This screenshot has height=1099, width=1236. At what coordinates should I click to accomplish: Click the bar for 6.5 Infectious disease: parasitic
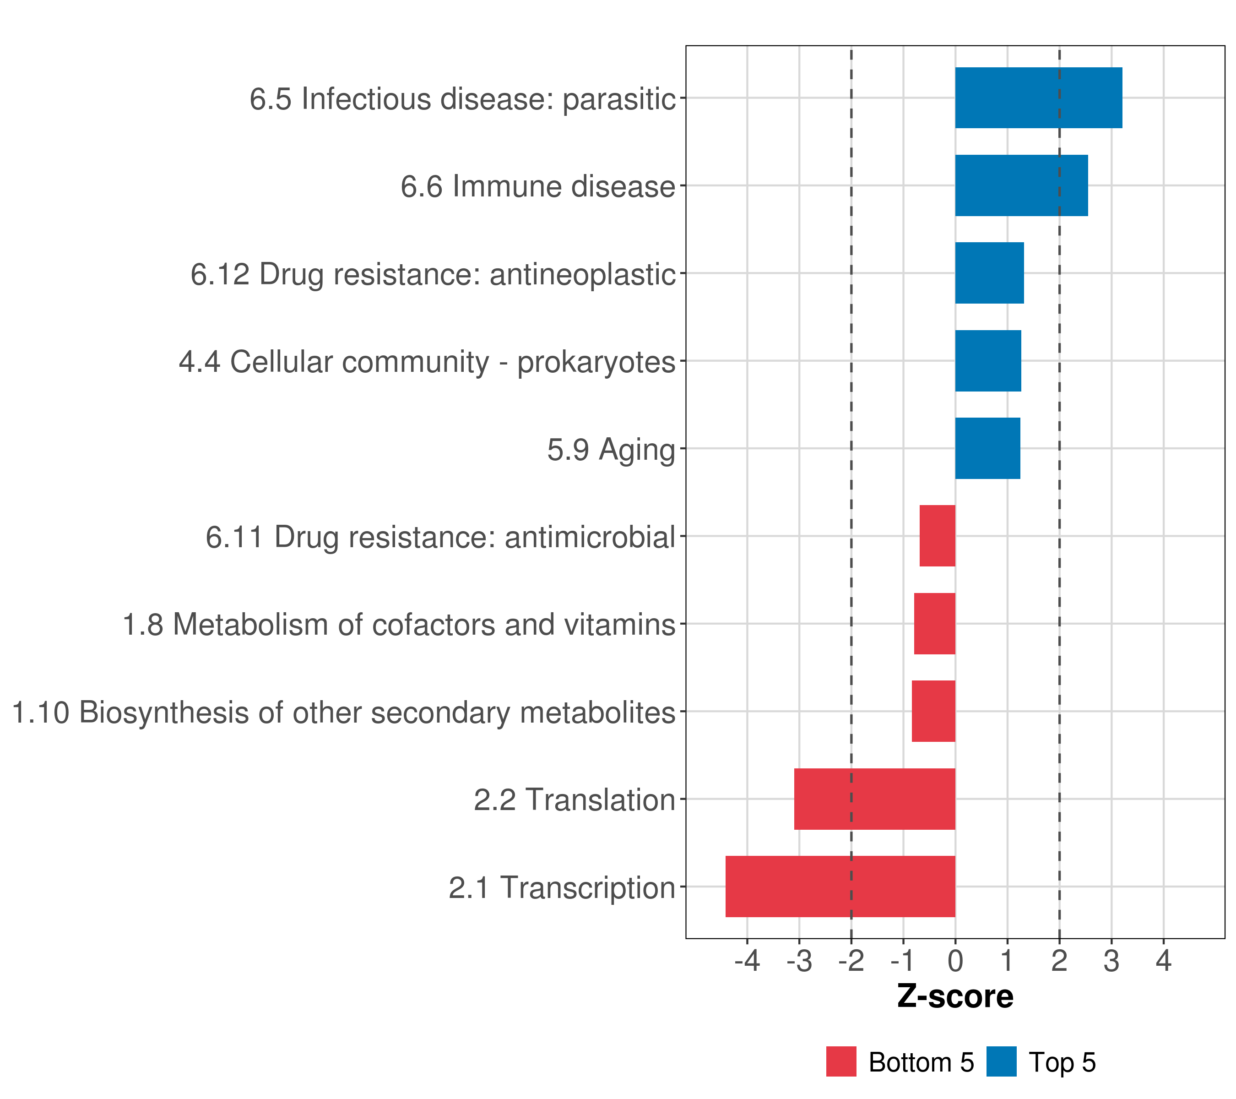point(1038,98)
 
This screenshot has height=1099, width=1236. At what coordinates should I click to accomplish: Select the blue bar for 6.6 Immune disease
point(1021,186)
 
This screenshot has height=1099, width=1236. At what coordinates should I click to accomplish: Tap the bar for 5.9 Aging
point(987,448)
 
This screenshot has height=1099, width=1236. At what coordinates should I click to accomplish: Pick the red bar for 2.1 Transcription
point(840,887)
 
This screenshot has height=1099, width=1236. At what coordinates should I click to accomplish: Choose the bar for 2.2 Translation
point(874,799)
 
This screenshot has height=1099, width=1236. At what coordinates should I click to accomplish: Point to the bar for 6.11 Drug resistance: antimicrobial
point(937,536)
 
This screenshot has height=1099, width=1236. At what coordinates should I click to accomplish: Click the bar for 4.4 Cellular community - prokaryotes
point(988,361)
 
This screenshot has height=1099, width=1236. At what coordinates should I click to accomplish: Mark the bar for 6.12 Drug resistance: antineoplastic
point(989,273)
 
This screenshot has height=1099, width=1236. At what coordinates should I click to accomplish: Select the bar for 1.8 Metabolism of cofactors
point(934,624)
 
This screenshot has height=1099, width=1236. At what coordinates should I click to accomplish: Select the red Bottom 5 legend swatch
point(841,1061)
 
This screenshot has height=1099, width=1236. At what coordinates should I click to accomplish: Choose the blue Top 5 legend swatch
point(1001,1061)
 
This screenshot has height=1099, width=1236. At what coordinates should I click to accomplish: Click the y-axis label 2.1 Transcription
point(562,888)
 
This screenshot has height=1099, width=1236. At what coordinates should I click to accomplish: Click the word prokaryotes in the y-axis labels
point(596,362)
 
